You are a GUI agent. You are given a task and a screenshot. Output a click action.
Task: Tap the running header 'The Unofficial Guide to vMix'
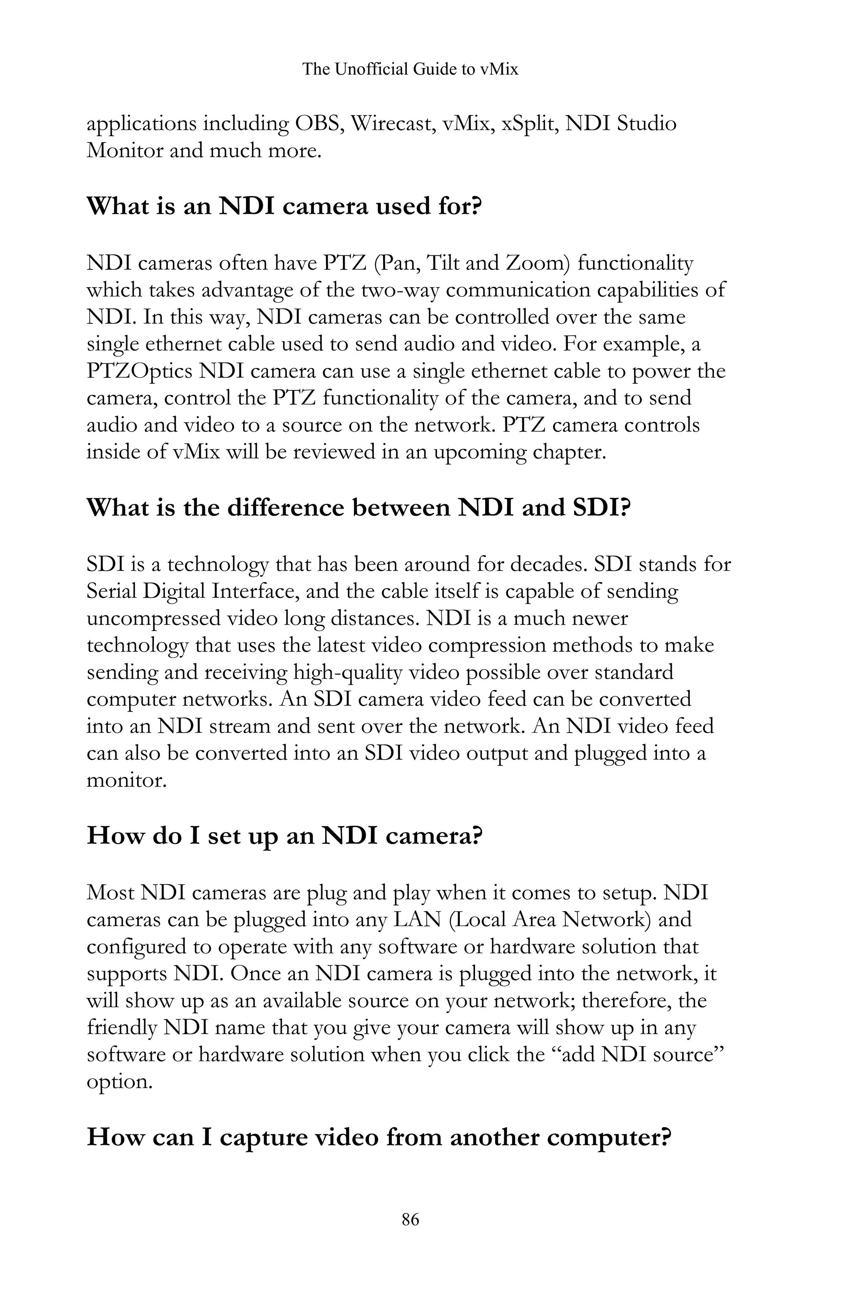[x=410, y=70]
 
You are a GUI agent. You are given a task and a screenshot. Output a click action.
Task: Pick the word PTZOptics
[x=139, y=371]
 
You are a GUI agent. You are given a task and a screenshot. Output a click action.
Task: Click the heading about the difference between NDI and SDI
[x=358, y=507]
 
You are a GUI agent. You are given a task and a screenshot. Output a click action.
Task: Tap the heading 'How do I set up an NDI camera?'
[x=285, y=835]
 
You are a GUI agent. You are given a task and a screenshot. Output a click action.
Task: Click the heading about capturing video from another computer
[x=379, y=1137]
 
